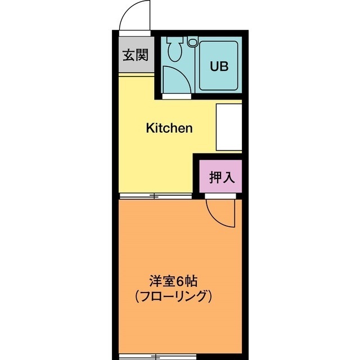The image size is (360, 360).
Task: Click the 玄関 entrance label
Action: [136, 55]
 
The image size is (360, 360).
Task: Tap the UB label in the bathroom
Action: [219, 66]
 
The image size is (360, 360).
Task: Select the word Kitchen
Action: [169, 128]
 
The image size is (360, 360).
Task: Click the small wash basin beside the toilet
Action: [193, 42]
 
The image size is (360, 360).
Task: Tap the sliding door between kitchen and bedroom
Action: [155, 196]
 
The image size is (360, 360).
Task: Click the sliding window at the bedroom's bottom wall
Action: [155, 356]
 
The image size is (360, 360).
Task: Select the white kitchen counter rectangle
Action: [229, 128]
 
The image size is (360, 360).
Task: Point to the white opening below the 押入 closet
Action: [219, 196]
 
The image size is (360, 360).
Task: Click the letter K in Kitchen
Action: [150, 128]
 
